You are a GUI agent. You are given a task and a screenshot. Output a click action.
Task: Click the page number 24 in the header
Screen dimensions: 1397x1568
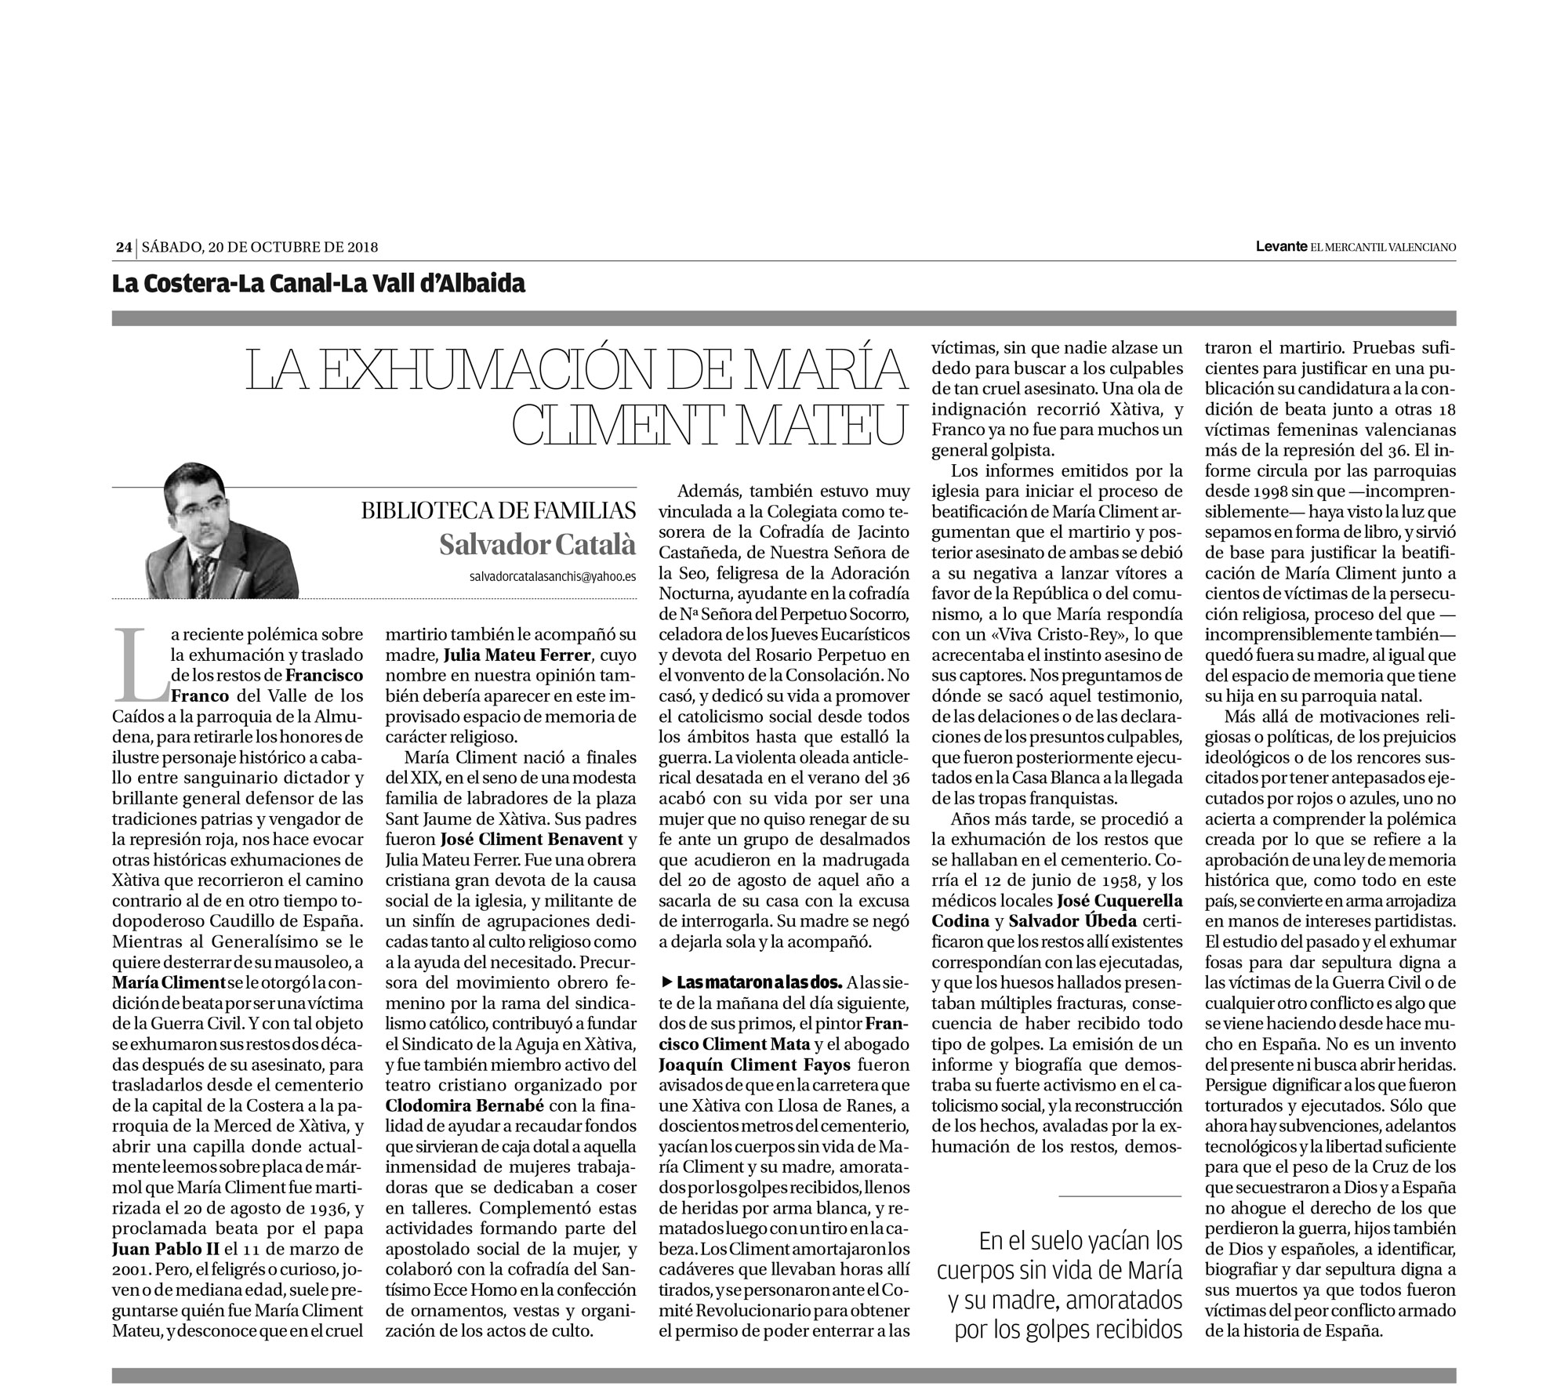click(x=122, y=247)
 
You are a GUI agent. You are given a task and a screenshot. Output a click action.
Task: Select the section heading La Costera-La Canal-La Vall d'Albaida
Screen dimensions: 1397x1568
click(x=318, y=283)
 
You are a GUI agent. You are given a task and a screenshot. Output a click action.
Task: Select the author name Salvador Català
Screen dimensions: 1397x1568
click(x=537, y=544)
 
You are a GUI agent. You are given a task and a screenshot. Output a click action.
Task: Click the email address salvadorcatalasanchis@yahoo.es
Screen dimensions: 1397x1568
click(x=552, y=575)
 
